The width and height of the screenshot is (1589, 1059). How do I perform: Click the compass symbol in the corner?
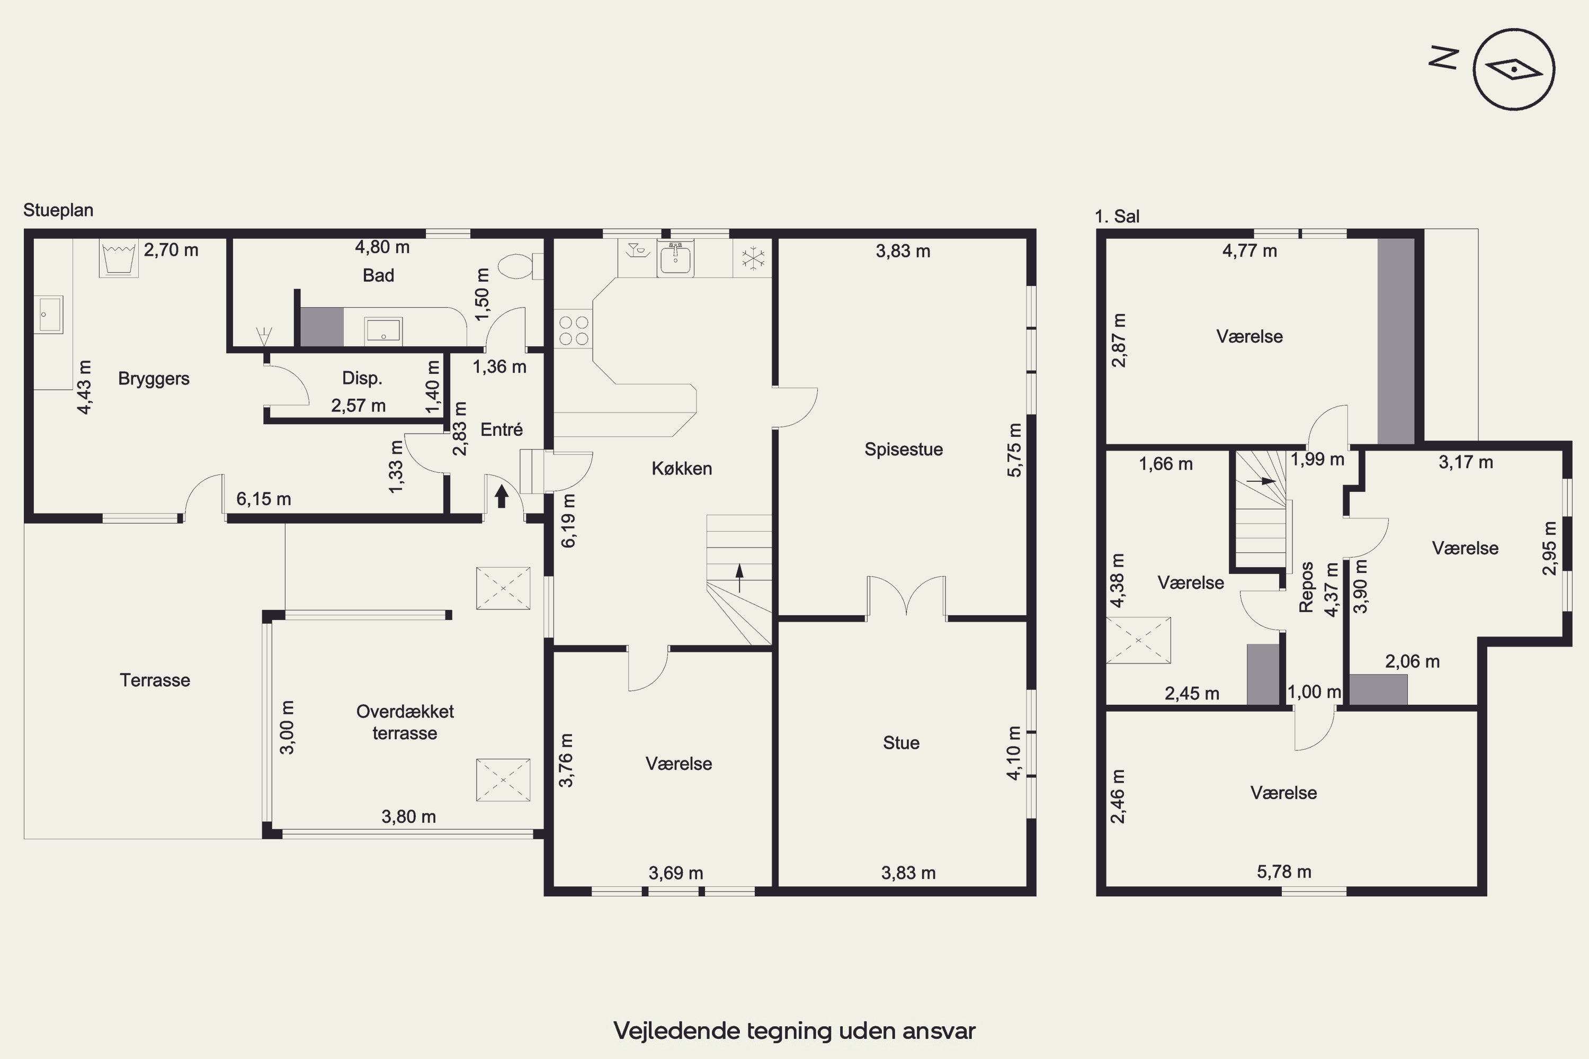click(1514, 69)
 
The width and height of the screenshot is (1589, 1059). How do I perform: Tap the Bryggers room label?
click(154, 378)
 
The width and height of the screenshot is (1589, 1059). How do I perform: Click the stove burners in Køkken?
click(574, 330)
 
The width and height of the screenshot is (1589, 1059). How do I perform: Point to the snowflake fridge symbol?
click(753, 258)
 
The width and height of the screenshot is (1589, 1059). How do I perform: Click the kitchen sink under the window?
click(675, 257)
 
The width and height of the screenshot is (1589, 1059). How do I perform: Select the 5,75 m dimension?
click(1014, 450)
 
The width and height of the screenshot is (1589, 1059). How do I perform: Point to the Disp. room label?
click(362, 378)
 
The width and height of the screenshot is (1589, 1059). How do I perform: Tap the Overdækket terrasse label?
click(405, 722)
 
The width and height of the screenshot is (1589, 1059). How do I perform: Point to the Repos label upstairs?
click(1306, 587)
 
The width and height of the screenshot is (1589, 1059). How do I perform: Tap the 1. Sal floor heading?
click(1117, 216)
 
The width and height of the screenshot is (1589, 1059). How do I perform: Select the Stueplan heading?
click(58, 210)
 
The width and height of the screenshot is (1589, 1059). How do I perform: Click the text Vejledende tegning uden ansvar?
click(794, 1030)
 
